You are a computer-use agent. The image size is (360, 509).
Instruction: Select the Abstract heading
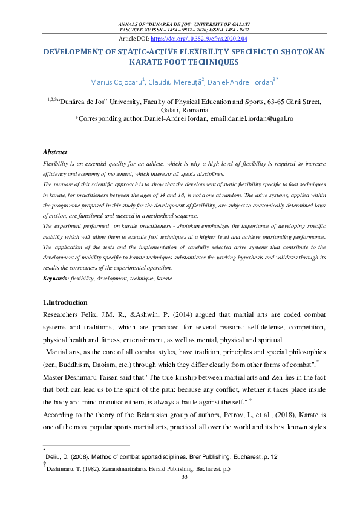click(x=55, y=152)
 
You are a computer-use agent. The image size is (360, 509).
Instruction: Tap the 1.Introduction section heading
click(x=65, y=302)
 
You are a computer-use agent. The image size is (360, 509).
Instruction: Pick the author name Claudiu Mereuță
click(x=175, y=82)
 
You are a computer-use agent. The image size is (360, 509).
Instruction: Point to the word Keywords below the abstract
click(x=56, y=279)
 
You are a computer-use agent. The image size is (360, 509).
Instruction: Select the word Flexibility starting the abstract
click(x=57, y=164)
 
